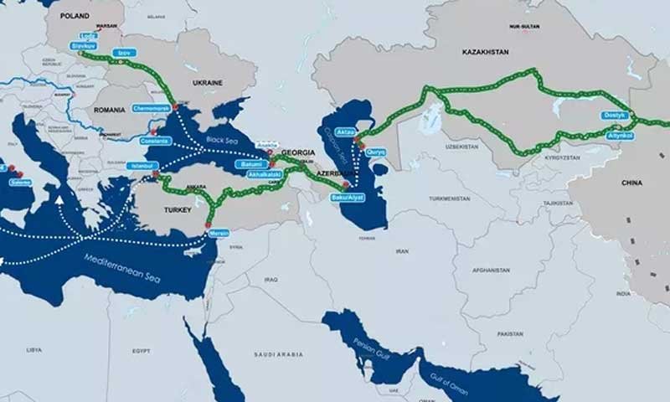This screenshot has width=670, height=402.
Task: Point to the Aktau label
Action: [346, 132]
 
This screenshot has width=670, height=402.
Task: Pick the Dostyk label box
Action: [614, 115]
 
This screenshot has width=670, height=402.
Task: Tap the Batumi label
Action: [251, 165]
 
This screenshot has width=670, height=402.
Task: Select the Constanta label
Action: [156, 141]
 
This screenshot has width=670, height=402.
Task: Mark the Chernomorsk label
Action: [151, 108]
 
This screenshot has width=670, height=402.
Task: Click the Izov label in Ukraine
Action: [126, 52]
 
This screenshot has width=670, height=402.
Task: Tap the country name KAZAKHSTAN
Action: [485, 52]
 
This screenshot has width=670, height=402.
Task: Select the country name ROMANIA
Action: [110, 110]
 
